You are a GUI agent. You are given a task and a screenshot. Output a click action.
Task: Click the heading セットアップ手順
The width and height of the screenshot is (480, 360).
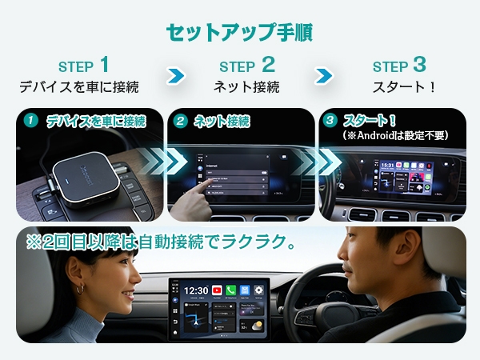(x=239, y=32)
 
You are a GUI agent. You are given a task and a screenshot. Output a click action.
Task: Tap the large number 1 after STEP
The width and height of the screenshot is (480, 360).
(x=104, y=64)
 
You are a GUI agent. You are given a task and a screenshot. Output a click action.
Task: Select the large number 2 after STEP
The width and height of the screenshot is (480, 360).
(x=268, y=64)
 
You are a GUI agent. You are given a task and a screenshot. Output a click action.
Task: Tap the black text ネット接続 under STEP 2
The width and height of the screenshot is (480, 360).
(x=246, y=86)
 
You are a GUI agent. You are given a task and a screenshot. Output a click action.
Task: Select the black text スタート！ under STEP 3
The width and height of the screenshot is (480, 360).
(x=404, y=86)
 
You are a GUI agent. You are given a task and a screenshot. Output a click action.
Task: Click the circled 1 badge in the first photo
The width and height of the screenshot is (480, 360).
(x=30, y=122)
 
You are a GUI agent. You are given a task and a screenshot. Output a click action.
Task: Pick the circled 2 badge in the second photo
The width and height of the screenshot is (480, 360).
(x=181, y=122)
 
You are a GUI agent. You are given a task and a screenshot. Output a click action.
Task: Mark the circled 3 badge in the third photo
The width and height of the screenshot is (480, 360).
(x=330, y=122)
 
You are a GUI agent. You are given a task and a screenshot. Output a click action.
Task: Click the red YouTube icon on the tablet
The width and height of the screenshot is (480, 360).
(x=217, y=290)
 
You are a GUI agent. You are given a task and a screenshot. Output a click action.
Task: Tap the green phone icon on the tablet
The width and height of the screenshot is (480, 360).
(x=231, y=290)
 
